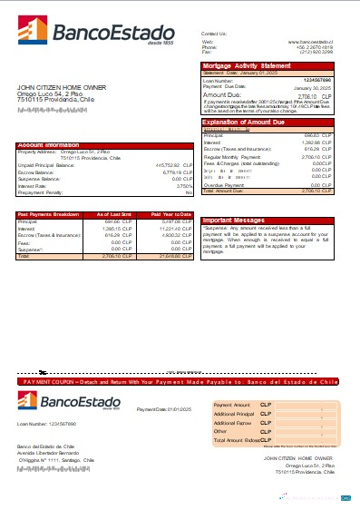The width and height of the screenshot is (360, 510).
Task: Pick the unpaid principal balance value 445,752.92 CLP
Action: (x=174, y=164)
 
